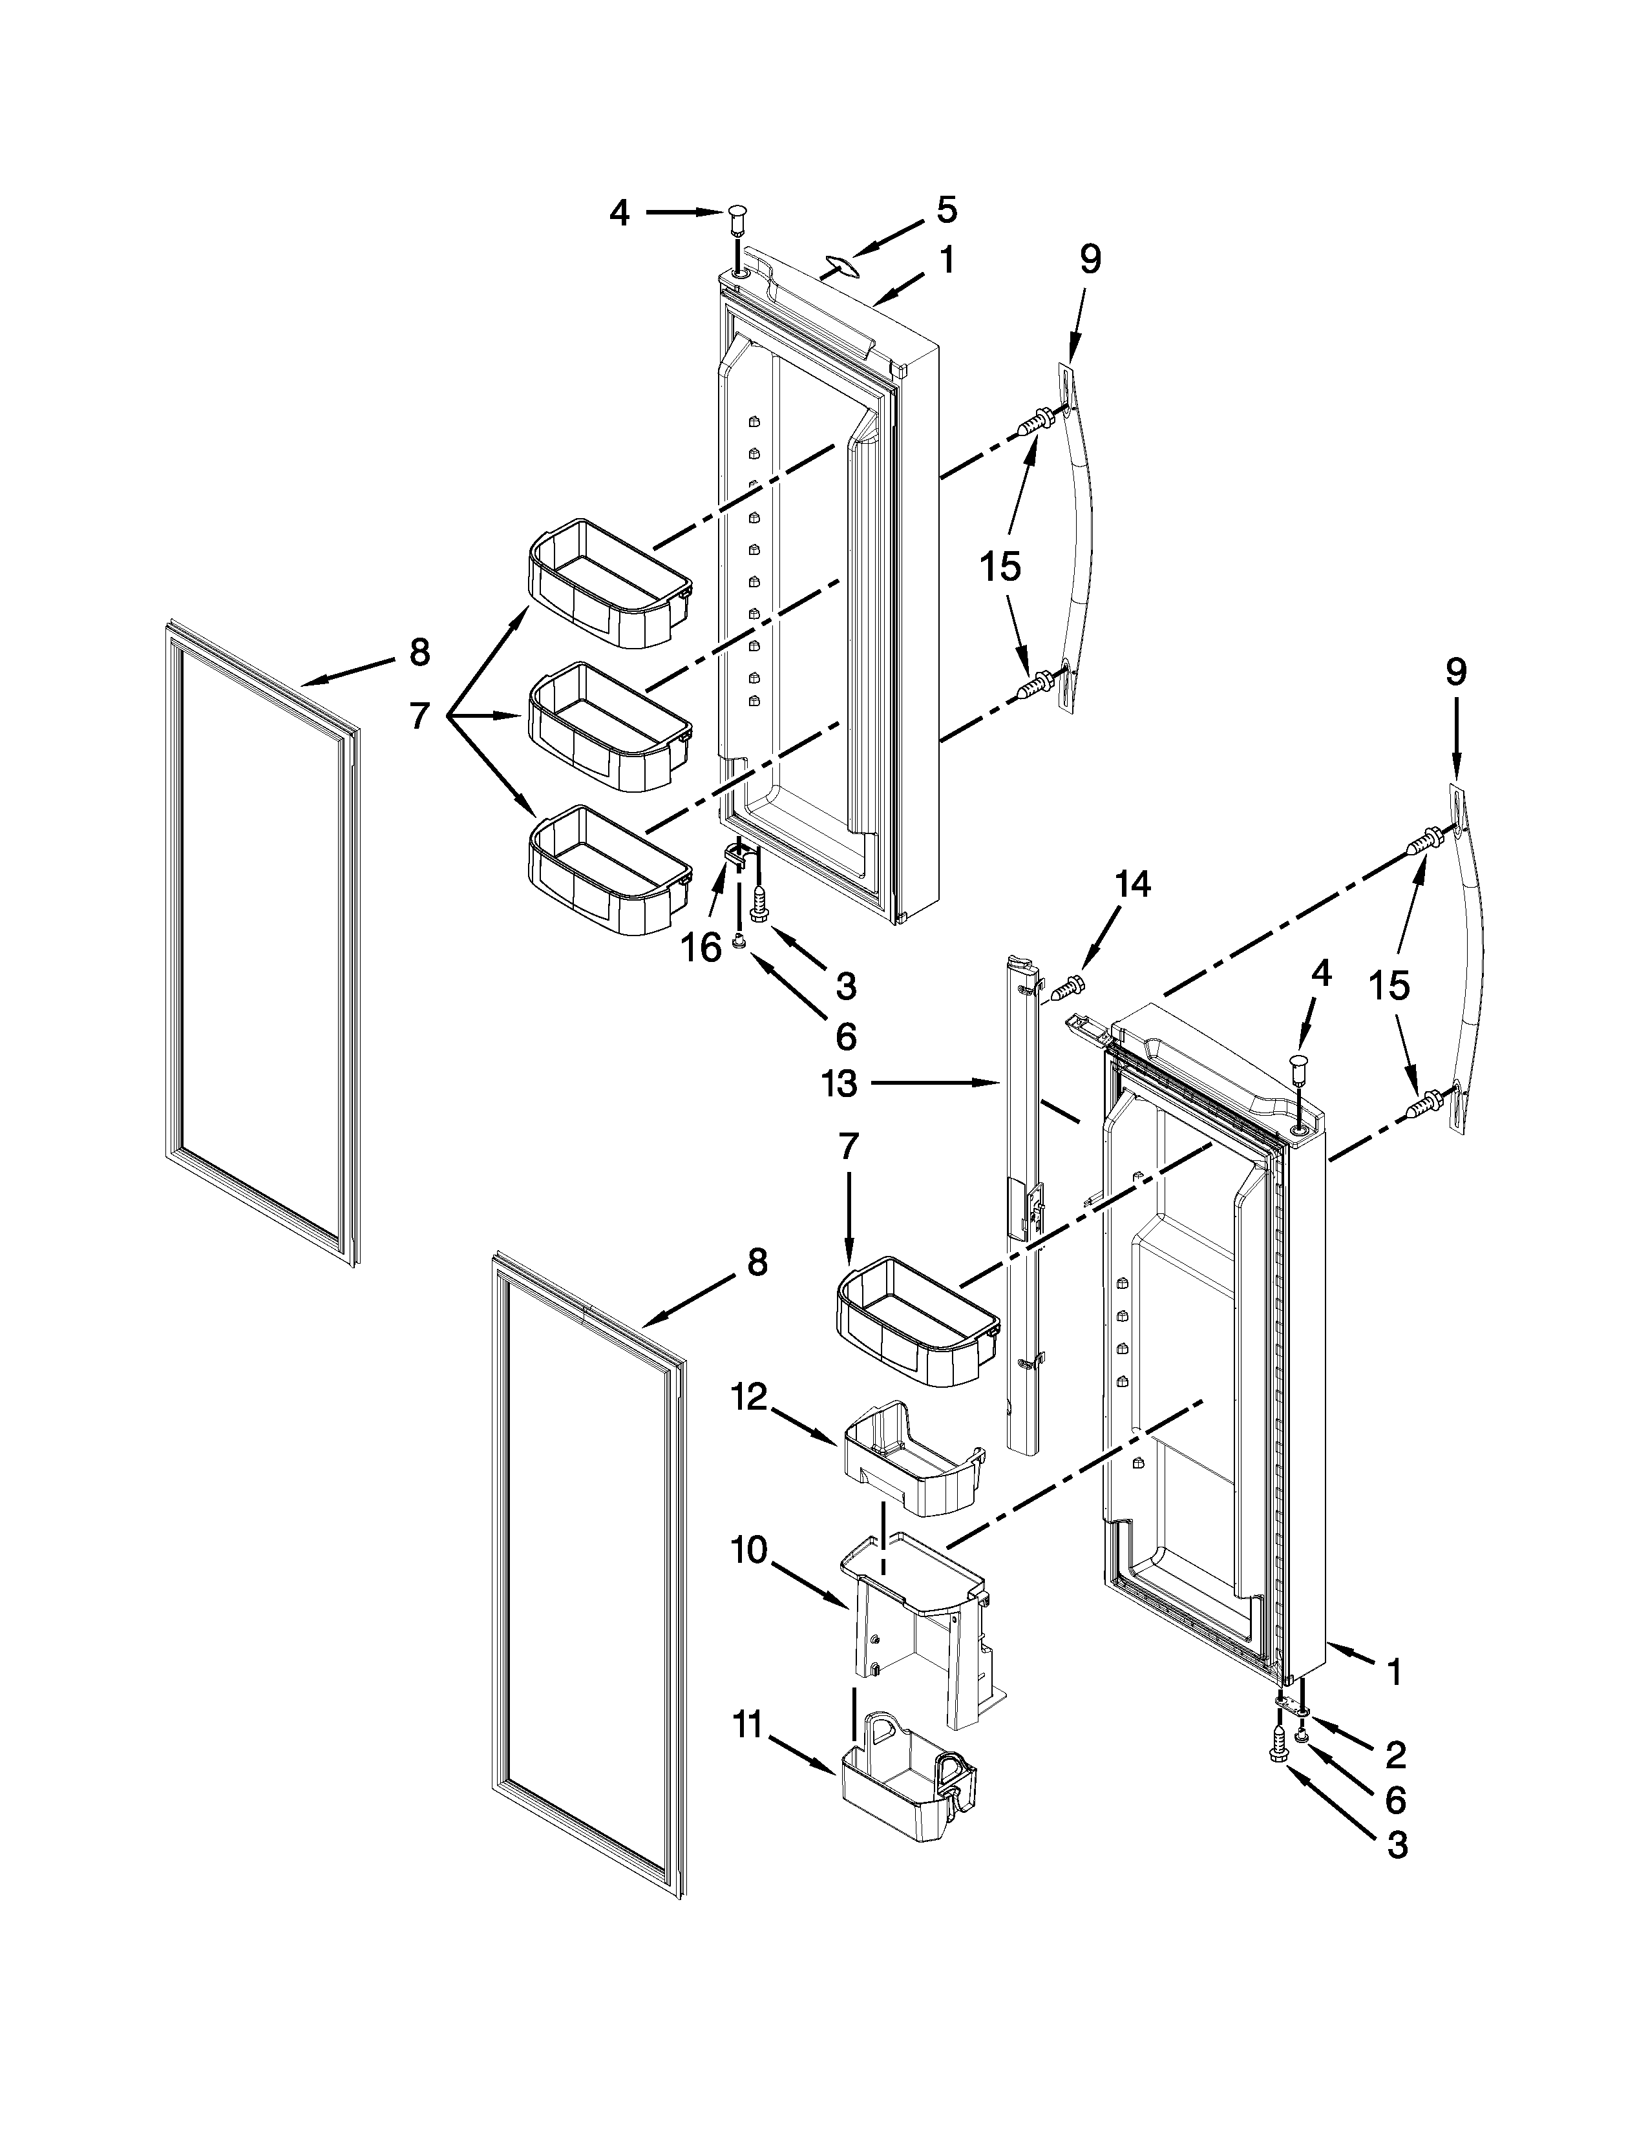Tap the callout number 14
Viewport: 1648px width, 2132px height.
coord(1132,884)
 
